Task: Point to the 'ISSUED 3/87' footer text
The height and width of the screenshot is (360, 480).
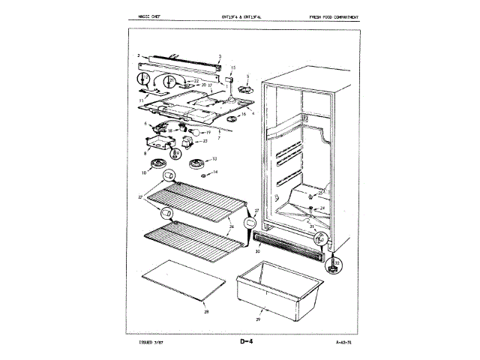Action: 152,343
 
